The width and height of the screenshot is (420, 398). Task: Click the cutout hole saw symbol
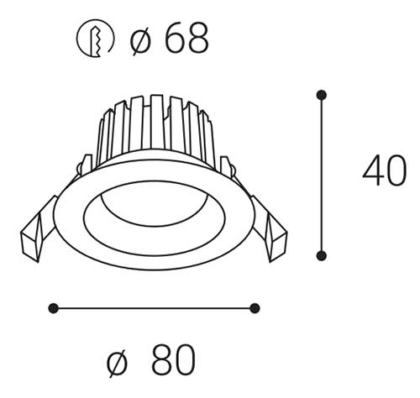coord(95,39)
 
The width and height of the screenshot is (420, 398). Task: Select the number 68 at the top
coord(186,38)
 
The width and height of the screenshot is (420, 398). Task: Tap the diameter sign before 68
coord(140,41)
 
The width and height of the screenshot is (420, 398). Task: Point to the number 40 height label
coord(385,170)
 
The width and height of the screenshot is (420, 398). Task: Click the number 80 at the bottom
coord(174,359)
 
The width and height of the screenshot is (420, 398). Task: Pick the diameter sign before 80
coord(118,363)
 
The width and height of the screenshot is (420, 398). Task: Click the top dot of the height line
coord(322,95)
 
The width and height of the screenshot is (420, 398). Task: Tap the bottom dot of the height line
coord(322,256)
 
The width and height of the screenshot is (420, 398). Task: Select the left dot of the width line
coord(53,308)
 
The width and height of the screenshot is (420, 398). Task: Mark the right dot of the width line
coord(255,308)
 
